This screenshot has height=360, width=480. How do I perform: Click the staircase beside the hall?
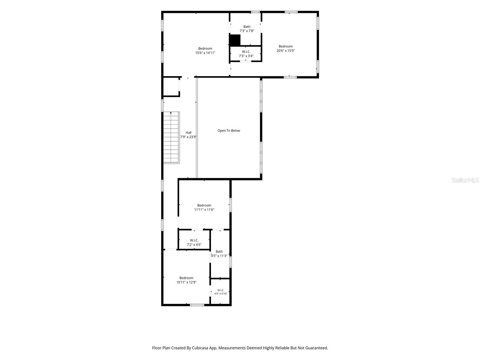click(x=171, y=137)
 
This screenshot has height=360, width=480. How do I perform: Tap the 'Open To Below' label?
click(x=229, y=130)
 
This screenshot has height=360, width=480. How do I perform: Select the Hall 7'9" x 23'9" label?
click(x=188, y=135)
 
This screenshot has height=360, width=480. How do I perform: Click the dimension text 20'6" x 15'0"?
click(x=286, y=51)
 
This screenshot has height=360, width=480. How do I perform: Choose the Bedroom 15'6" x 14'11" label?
click(x=205, y=50)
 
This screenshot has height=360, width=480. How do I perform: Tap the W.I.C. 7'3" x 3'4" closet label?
click(x=246, y=54)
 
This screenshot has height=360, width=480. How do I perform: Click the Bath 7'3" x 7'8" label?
click(x=247, y=28)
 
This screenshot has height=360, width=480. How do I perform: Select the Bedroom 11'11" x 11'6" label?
click(x=204, y=207)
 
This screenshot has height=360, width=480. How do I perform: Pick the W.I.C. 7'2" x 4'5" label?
click(x=194, y=242)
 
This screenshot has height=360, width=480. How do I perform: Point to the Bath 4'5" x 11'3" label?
click(x=219, y=253)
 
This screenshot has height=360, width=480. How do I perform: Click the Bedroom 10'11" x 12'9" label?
click(x=186, y=280)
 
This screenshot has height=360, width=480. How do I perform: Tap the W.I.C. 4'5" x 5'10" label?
click(x=220, y=292)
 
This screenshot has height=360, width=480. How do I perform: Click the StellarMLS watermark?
click(x=465, y=180)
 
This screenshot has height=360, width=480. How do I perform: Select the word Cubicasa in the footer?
click(x=200, y=348)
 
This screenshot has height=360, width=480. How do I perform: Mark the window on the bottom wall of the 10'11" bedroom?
click(x=197, y=305)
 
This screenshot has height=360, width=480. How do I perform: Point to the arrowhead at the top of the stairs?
click(x=171, y=112)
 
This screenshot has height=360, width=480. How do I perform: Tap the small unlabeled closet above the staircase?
click(x=171, y=87)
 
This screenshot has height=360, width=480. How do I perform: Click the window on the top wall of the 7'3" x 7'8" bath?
click(x=255, y=12)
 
